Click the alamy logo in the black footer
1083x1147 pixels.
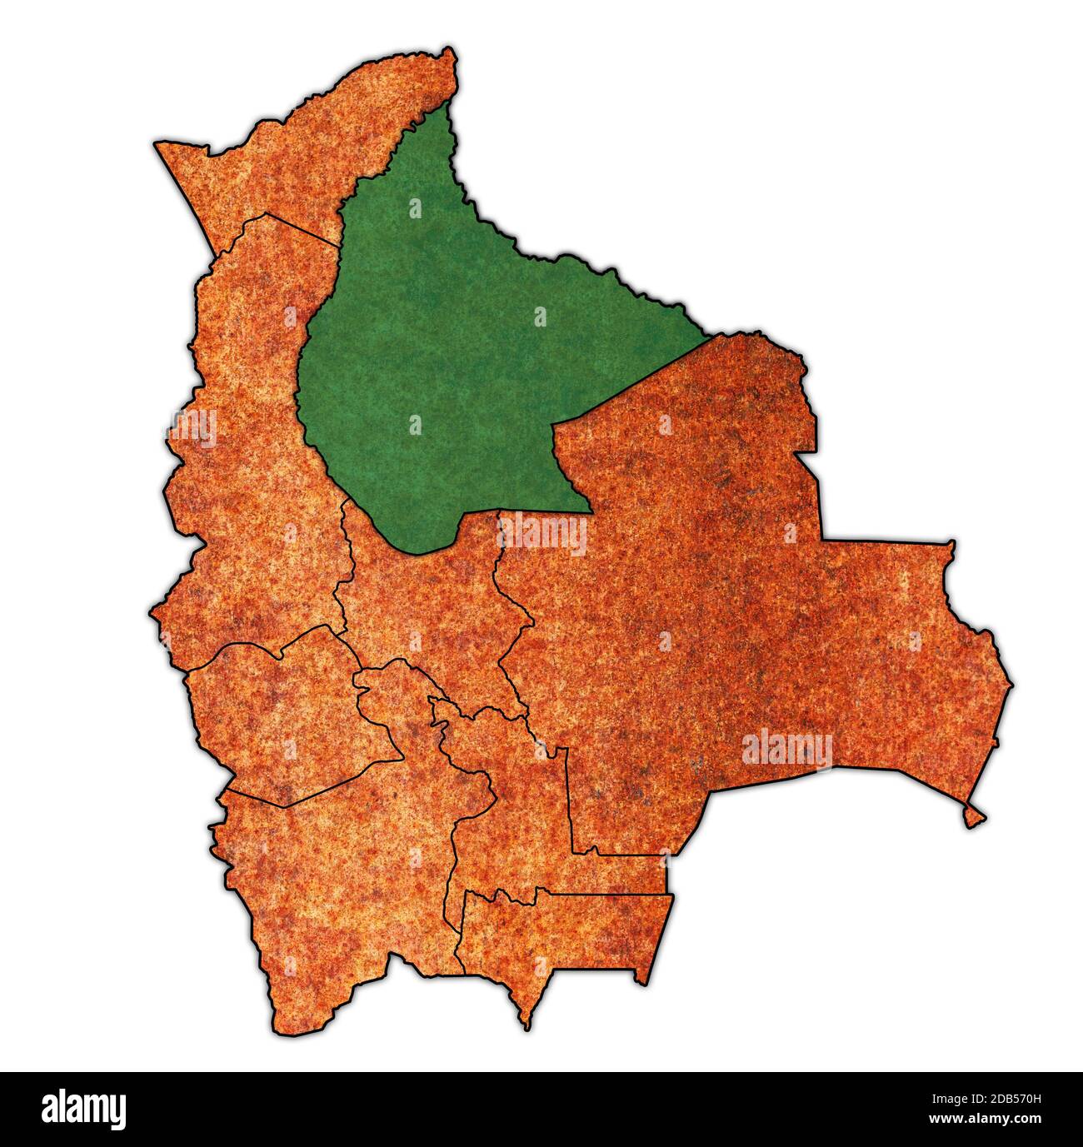(83, 1110)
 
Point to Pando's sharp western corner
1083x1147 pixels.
(156, 144)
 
